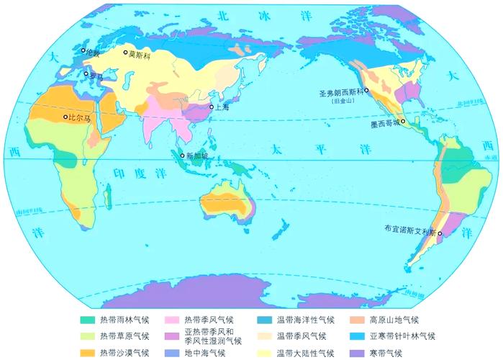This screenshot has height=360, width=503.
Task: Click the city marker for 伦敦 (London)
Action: point(83,50)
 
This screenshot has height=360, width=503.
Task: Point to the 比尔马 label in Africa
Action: point(79,117)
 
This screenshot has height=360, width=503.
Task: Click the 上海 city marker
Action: point(212,107)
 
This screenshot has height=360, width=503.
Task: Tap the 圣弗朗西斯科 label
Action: point(341,93)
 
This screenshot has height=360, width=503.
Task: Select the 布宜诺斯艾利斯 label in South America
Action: point(409,229)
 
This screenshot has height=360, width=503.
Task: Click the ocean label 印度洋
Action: point(140,173)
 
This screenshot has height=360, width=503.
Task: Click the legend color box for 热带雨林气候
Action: point(87,320)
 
